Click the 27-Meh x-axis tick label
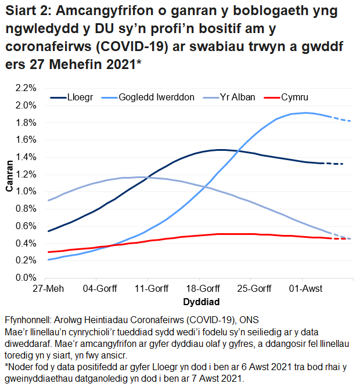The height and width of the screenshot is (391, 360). pyautogui.click(x=48, y=289)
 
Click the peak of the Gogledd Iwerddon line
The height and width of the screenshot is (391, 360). pyautogui.click(x=305, y=113)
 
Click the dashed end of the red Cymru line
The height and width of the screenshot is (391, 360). pyautogui.click(x=343, y=238)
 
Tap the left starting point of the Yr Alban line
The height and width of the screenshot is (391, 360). pyautogui.click(x=48, y=201)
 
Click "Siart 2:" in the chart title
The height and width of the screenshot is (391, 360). pyautogui.click(x=27, y=12)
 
